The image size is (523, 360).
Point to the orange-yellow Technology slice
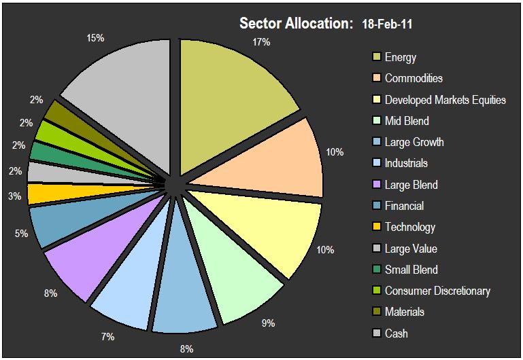tap(39, 194)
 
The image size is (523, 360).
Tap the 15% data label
tap(95, 39)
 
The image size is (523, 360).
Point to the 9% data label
tap(269, 323)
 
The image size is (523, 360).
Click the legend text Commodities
tap(414, 78)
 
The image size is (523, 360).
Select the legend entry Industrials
tap(406, 163)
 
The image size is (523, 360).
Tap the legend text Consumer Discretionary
tap(437, 291)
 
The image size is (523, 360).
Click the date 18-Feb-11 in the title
tap(386, 24)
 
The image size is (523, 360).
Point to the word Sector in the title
tap(260, 24)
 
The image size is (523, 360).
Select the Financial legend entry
tap(404, 206)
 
